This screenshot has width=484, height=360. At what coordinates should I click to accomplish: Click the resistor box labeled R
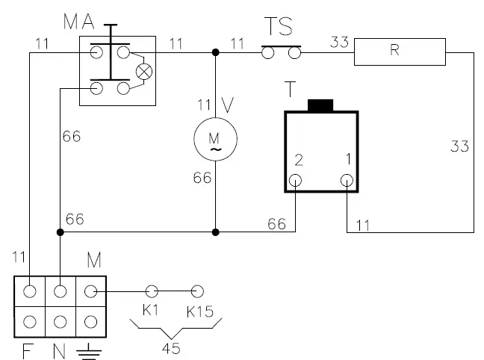(x=400, y=52)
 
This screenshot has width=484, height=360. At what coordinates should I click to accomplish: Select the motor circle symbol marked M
(x=215, y=139)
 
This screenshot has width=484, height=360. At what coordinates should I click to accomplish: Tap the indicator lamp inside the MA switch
(x=143, y=72)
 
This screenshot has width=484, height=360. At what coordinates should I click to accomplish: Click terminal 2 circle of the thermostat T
(x=297, y=180)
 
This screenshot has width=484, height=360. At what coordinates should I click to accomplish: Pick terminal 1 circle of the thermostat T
(x=347, y=180)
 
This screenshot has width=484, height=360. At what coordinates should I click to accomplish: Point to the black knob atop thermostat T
(x=320, y=105)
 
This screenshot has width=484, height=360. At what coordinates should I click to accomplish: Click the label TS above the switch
(x=279, y=28)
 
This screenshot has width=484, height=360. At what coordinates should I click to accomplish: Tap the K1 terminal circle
(x=152, y=291)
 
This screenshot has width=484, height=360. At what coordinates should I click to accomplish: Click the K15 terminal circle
(x=197, y=291)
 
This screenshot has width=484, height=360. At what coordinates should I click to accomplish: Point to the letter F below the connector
(x=27, y=350)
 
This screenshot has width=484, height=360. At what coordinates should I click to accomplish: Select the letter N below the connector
(x=58, y=350)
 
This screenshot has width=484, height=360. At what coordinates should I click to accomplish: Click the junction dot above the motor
(x=215, y=53)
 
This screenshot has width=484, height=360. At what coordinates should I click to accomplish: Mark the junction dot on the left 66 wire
(x=59, y=232)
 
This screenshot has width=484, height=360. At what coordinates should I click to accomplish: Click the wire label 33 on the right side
(x=459, y=147)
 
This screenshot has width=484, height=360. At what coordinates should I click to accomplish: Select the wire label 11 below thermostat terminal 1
(x=362, y=223)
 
